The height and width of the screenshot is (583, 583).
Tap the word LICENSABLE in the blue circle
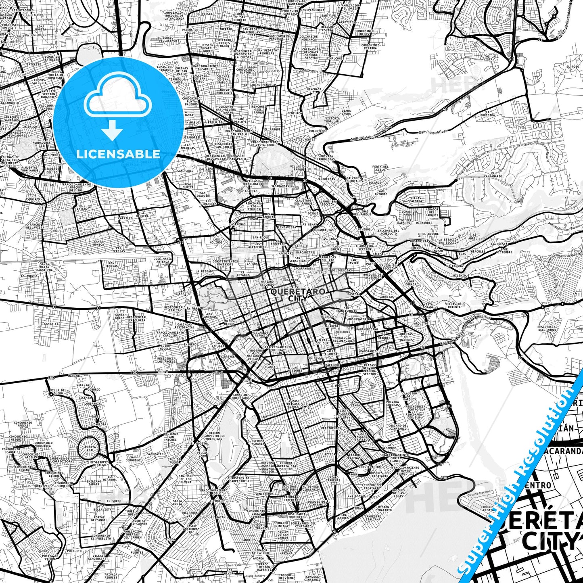coord(118,154)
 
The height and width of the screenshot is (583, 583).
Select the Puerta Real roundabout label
coord(91,449)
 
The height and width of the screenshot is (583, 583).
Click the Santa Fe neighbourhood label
coord(52,323)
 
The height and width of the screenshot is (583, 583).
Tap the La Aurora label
coord(29,276)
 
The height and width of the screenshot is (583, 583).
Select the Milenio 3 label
coord(461,275)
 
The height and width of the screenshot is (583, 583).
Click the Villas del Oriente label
coord(454,305)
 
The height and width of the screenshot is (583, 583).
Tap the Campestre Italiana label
coord(372,518)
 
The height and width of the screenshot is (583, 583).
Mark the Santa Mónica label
coord(98,243)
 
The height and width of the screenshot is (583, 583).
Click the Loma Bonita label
coord(40,28)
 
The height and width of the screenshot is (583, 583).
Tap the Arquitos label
coord(421,323)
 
